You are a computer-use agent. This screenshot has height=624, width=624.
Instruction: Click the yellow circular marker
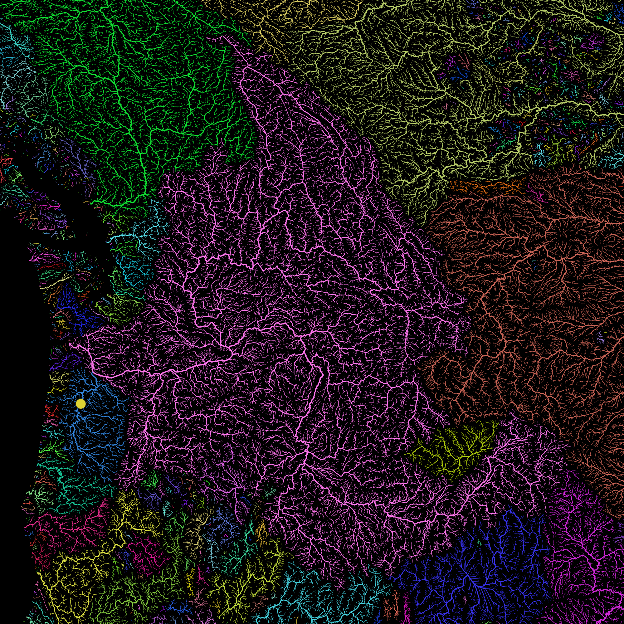tap(81, 404)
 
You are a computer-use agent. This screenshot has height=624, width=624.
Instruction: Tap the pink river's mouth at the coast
tap(71, 345)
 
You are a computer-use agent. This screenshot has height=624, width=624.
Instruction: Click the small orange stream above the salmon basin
tap(485, 186)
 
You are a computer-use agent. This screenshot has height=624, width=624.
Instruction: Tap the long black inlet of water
tap(65, 194)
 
